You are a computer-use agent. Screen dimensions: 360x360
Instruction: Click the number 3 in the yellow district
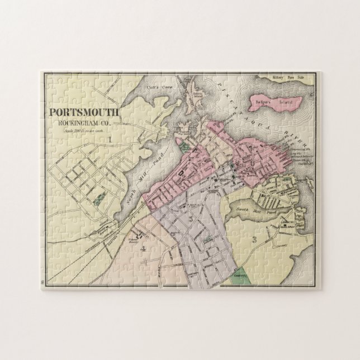(x=254, y=240)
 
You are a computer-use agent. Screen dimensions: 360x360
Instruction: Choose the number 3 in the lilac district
(x=191, y=219)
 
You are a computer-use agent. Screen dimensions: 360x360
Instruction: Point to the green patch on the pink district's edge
(x=185, y=147)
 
